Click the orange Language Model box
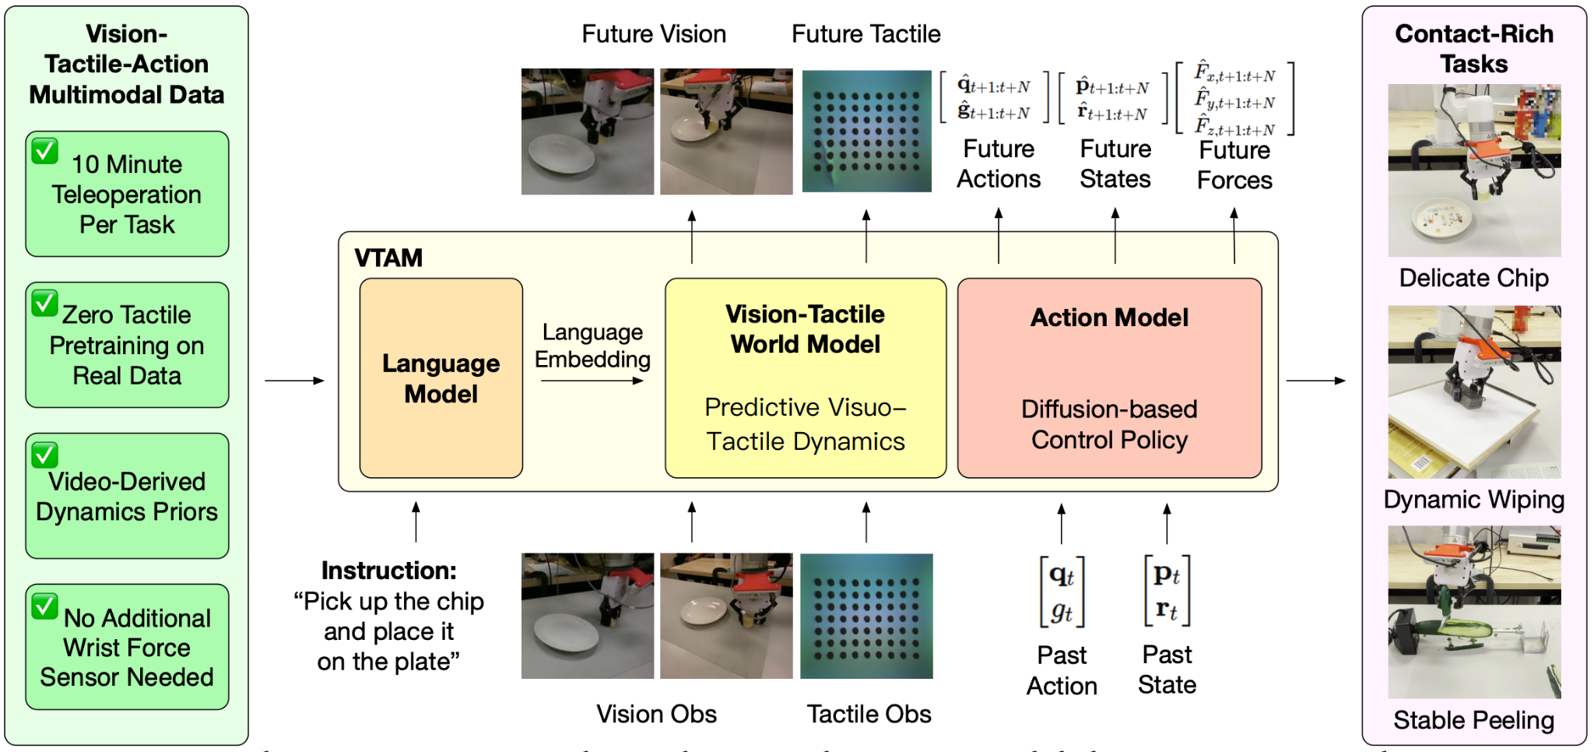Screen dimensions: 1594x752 pos(441,378)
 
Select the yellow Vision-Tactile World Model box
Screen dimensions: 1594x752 pos(806,378)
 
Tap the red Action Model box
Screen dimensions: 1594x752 pos(1109,378)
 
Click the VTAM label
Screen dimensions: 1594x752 pos(388,258)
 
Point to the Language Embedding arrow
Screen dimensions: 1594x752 pos(592,381)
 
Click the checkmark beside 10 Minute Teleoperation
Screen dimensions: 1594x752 pos(45,151)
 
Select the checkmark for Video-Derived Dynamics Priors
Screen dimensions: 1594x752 pos(45,455)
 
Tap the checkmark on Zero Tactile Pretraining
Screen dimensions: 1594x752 pos(45,303)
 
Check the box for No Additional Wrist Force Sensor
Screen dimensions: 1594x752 pos(45,606)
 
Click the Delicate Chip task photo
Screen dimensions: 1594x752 pos(1474,170)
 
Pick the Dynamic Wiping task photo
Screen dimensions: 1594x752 pos(1474,392)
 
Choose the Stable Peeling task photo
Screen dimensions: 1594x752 pos(1474,612)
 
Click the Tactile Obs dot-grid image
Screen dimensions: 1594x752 pos(866,616)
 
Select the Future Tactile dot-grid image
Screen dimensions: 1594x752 pos(866,131)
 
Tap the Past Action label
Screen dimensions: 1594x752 pos(1062,670)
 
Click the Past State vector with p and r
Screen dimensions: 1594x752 pos(1167,591)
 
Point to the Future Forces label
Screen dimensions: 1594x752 pos(1234,165)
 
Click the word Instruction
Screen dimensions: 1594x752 pos(388,571)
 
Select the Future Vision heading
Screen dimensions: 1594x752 pos(654,34)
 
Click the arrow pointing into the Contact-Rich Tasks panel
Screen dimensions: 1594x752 pos(1316,381)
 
